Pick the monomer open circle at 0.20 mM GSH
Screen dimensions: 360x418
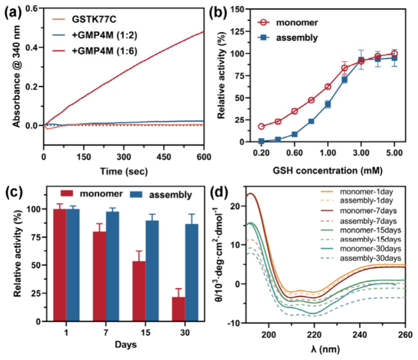point(244,127)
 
